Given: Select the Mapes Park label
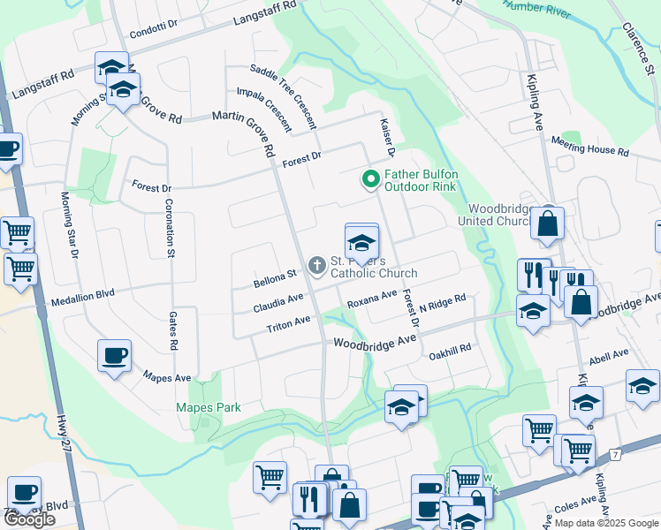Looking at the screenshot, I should point(208,407).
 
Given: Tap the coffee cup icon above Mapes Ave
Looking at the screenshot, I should point(114,356).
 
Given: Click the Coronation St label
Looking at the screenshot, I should point(167,228).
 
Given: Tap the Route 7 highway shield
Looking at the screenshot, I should point(614,453).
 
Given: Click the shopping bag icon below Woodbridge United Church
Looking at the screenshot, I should point(547,226).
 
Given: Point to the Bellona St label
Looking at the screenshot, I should point(274,278).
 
